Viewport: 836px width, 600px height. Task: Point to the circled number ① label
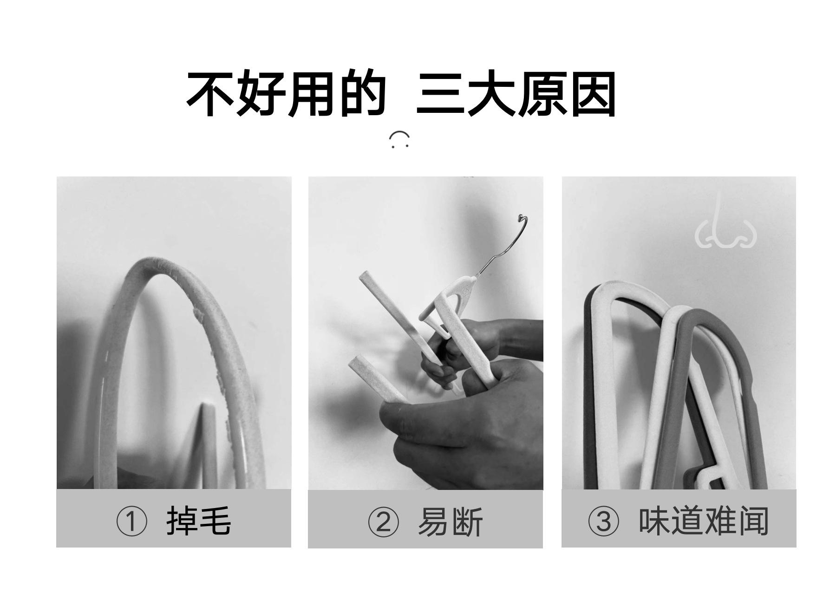(131, 521)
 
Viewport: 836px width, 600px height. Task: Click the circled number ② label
(383, 522)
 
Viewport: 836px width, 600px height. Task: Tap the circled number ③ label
(603, 521)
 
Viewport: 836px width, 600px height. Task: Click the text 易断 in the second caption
(450, 522)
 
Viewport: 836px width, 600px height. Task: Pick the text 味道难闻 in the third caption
(703, 521)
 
